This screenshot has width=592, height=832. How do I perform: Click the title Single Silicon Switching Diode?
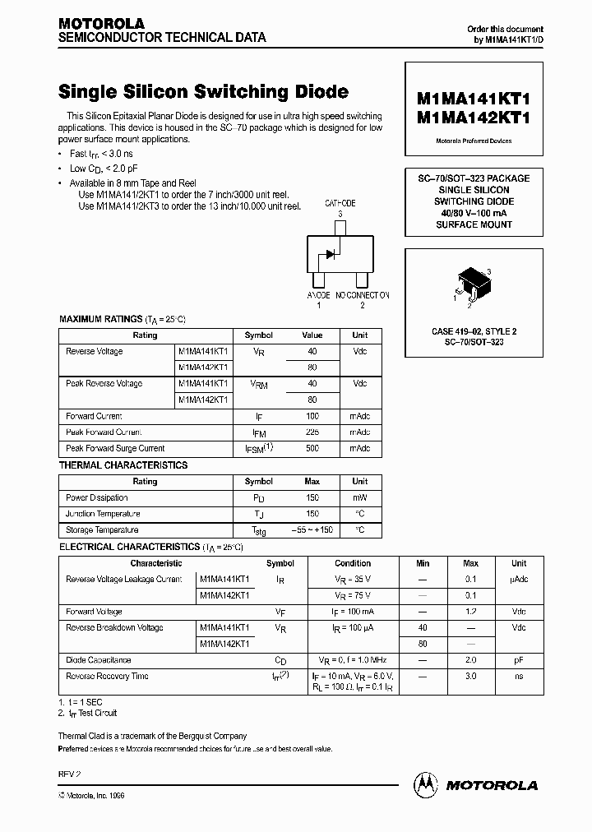point(203,92)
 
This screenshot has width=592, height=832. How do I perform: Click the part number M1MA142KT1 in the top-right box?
point(474,116)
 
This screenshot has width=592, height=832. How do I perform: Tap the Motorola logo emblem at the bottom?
point(426,785)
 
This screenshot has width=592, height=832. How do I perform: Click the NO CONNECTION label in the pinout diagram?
point(363,295)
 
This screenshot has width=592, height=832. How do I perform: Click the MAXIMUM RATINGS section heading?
point(100,319)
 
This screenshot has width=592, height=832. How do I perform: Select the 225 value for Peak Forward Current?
point(312,432)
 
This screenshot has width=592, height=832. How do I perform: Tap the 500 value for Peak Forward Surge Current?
point(312,448)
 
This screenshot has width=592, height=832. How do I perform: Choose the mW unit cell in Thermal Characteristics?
point(359,497)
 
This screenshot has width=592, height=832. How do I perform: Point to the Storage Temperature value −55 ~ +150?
point(312,530)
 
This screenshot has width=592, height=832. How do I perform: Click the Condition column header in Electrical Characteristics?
point(353,563)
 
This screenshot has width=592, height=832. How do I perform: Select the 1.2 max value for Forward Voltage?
point(470,612)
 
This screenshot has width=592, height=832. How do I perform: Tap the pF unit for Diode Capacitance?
point(519,660)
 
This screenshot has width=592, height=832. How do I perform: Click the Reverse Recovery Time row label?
point(107,676)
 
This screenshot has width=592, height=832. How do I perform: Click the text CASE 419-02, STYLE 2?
point(474,331)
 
